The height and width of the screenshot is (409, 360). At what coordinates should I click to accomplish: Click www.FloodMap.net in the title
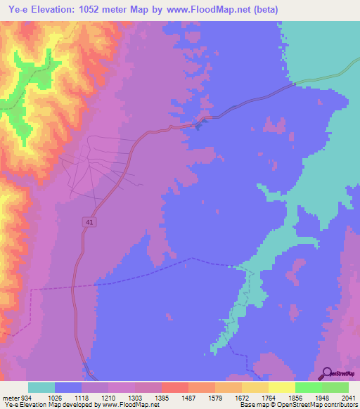[x=214, y=10]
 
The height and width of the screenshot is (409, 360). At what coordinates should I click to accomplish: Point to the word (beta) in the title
[x=264, y=10]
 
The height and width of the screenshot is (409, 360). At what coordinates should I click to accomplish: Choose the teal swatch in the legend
[x=41, y=387]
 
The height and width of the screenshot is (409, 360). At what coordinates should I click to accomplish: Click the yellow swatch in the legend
[x=281, y=387]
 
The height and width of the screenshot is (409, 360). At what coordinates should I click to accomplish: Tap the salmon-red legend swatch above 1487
[x=174, y=387]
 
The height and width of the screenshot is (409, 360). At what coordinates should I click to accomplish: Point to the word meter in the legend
[x=11, y=397]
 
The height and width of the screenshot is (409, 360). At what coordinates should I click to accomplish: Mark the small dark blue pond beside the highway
[x=198, y=126]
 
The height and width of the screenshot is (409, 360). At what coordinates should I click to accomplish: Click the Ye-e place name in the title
[x=15, y=10]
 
